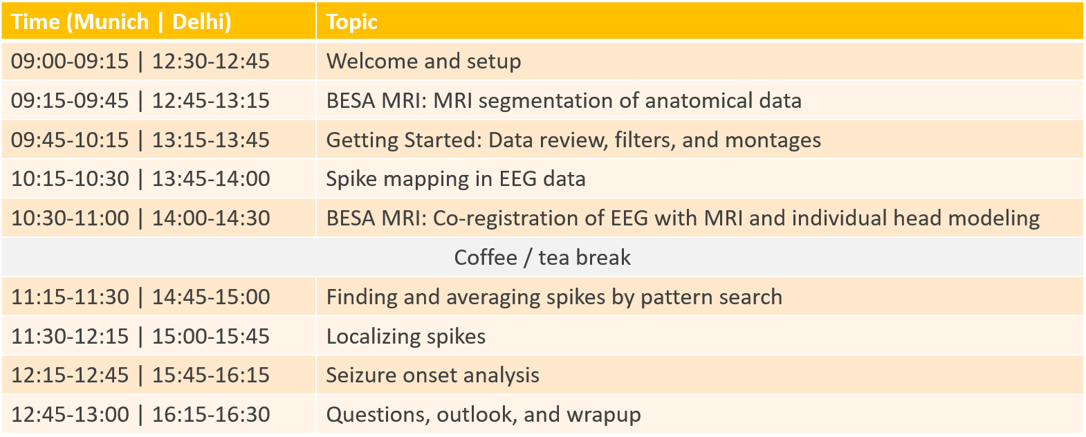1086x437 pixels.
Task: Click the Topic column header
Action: (x=351, y=22)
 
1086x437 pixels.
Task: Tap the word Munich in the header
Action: (x=111, y=22)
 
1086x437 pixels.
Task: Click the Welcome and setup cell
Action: (x=423, y=61)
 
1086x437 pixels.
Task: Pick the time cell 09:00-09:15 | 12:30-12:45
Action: (x=140, y=61)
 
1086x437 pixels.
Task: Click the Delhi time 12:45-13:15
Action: (x=211, y=100)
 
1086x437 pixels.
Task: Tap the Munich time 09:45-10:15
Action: (x=70, y=140)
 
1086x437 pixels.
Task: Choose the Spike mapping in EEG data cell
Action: (x=456, y=179)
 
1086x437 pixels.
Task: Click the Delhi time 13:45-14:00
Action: (x=211, y=178)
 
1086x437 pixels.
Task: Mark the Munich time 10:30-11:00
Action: (x=70, y=218)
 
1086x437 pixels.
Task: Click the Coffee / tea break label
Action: (x=542, y=257)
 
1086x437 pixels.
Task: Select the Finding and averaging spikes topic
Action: (x=554, y=297)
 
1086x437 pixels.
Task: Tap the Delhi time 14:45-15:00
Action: (x=211, y=297)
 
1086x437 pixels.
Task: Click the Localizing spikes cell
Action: (x=406, y=336)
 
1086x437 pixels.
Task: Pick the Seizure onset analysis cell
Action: (x=432, y=375)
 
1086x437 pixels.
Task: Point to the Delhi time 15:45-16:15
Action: (x=211, y=375)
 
